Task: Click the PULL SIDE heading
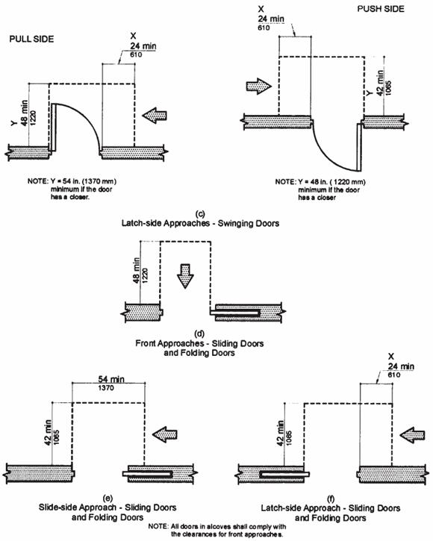click(x=31, y=39)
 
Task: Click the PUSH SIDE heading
click(x=381, y=9)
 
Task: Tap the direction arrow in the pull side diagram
click(x=155, y=116)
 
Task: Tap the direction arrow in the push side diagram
click(x=258, y=87)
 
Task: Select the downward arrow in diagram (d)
click(x=185, y=275)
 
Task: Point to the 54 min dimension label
click(x=111, y=379)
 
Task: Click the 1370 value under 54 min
click(x=106, y=388)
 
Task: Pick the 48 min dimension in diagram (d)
click(x=136, y=270)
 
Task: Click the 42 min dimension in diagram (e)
click(x=48, y=433)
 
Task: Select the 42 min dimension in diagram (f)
click(x=281, y=433)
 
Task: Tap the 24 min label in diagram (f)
click(x=401, y=366)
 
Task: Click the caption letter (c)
click(x=200, y=214)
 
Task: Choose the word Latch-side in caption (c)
click(x=142, y=223)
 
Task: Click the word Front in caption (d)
click(x=146, y=344)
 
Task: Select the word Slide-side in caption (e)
click(x=58, y=507)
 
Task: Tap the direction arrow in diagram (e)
click(x=165, y=434)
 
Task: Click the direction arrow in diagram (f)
click(x=412, y=434)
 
